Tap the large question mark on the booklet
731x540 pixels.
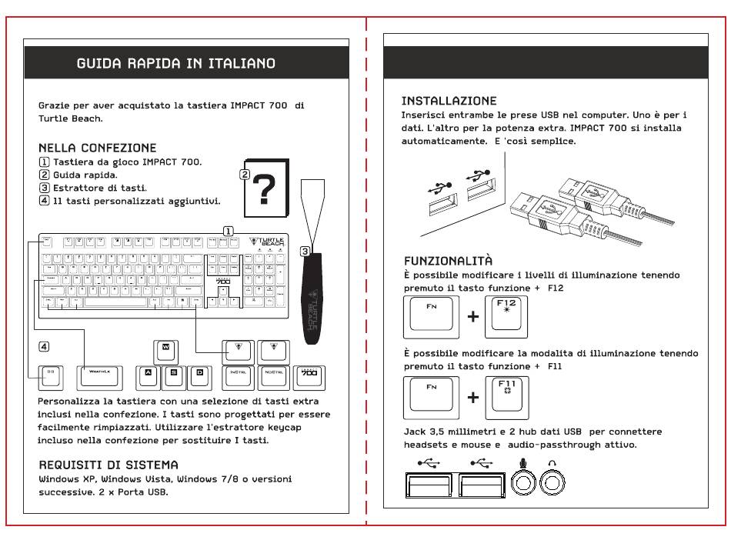pos(264,190)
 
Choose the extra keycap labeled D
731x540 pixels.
pos(199,375)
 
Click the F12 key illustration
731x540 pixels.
pos(506,316)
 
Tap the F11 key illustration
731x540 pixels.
pos(506,394)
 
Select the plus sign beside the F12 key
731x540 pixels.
pos(472,317)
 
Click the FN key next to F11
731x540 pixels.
pos(431,394)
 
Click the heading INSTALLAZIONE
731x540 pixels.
pos(449,101)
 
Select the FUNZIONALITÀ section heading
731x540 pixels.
pos(448,261)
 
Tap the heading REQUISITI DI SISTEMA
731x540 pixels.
pos(108,465)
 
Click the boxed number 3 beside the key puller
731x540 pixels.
pos(305,251)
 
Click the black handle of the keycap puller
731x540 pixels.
pos(312,300)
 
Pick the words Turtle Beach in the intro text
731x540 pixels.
pos(70,118)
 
